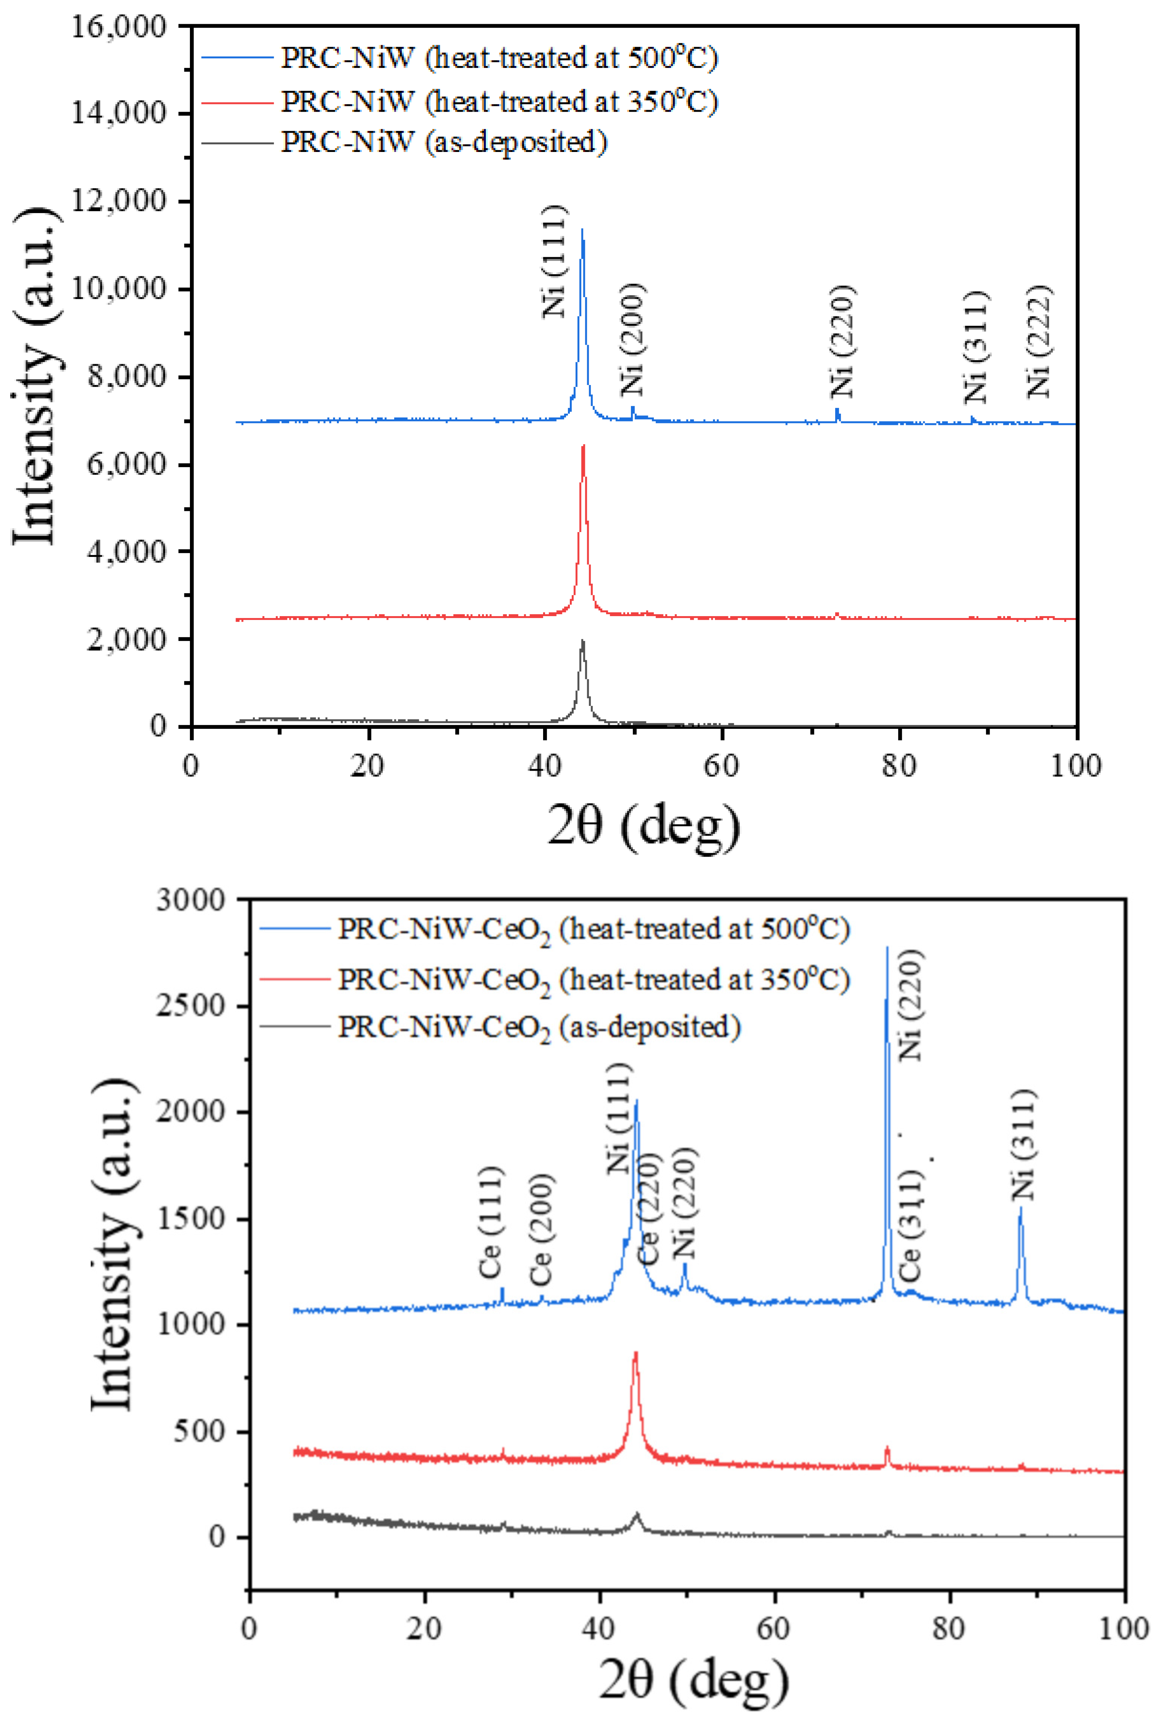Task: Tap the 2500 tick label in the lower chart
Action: tap(190, 1006)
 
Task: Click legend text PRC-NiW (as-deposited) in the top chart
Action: tap(444, 141)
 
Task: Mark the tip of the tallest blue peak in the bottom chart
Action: tap(887, 948)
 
